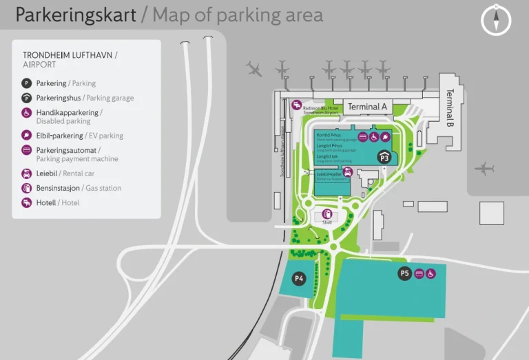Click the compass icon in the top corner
[496, 19]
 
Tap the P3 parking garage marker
[384, 158]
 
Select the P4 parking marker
[299, 278]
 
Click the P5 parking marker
[404, 273]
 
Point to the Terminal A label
[367, 107]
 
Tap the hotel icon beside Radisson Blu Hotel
[296, 105]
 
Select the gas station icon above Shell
[326, 213]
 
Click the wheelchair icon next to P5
[431, 274]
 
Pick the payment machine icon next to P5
[418, 274]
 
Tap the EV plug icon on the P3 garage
[385, 137]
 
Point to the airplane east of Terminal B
[485, 168]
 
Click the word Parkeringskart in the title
[76, 15]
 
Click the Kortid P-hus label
[329, 136]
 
